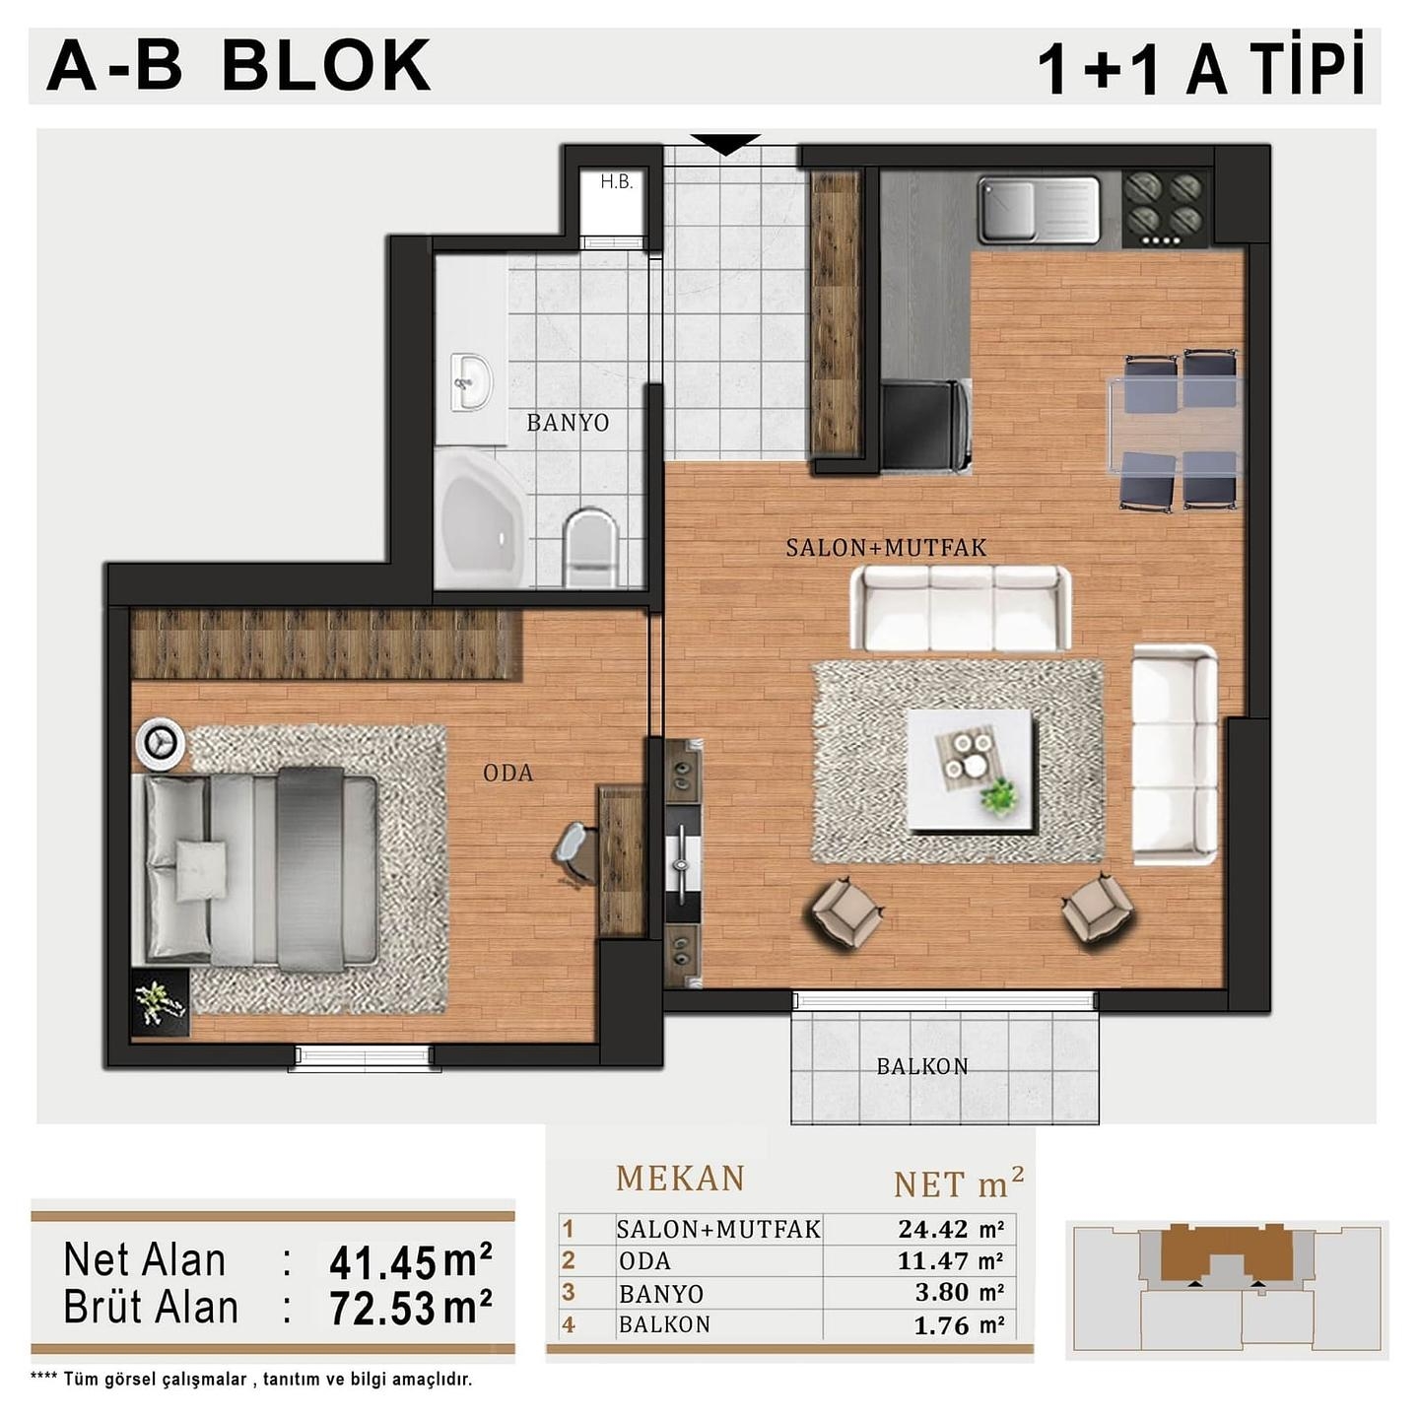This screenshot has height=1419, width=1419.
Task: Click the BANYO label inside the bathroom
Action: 568,423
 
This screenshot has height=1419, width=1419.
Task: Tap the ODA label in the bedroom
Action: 508,773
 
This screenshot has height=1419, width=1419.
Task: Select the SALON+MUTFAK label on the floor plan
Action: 886,547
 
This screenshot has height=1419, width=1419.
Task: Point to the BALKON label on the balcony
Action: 922,1066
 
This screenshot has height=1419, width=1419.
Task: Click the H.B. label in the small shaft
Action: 616,182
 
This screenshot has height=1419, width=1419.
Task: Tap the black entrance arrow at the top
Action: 725,144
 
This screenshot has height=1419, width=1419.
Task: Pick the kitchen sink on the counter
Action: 1039,210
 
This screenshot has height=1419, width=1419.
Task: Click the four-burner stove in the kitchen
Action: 1165,208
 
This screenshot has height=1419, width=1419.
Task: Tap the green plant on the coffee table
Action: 998,795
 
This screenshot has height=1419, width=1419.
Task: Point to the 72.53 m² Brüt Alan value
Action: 410,1309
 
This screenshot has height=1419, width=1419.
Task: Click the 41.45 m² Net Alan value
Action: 410,1262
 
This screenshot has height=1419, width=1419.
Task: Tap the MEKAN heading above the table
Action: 680,1179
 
